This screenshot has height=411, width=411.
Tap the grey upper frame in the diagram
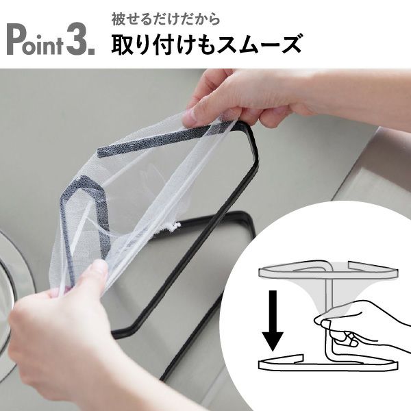pos(322,271)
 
